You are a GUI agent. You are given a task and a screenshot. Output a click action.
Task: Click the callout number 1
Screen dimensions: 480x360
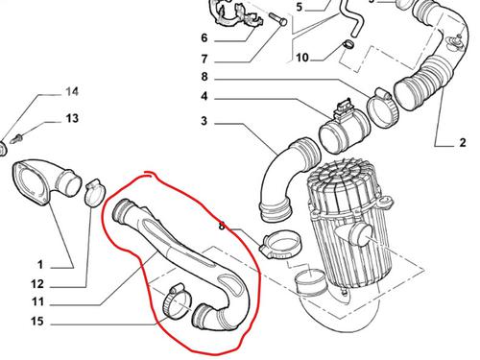tap(40, 265)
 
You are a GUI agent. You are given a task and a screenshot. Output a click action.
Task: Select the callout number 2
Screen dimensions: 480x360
tap(463, 142)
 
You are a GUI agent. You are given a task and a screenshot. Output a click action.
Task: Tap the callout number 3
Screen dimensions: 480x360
tap(204, 121)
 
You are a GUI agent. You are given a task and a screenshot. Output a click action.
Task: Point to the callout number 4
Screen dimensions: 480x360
tap(204, 96)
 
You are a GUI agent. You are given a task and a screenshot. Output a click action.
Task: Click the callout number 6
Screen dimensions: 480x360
tap(204, 38)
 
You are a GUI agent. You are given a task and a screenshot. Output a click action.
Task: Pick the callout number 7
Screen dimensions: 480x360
tap(204, 60)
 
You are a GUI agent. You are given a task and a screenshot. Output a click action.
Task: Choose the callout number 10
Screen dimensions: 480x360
tap(302, 58)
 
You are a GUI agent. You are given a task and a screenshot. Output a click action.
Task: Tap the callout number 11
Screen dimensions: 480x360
tap(37, 301)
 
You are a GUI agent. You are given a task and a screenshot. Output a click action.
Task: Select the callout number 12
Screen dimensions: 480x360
tap(37, 284)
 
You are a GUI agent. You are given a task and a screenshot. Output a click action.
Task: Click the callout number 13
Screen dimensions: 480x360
tap(72, 118)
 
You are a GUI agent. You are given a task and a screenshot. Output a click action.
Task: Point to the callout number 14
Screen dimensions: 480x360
tap(72, 92)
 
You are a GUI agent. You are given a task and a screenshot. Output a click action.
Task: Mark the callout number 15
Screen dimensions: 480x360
tap(37, 322)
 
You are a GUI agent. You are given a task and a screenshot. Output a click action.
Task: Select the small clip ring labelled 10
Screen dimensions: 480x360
tap(348, 44)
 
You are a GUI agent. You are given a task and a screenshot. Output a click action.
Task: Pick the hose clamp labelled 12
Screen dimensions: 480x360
tap(95, 193)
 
